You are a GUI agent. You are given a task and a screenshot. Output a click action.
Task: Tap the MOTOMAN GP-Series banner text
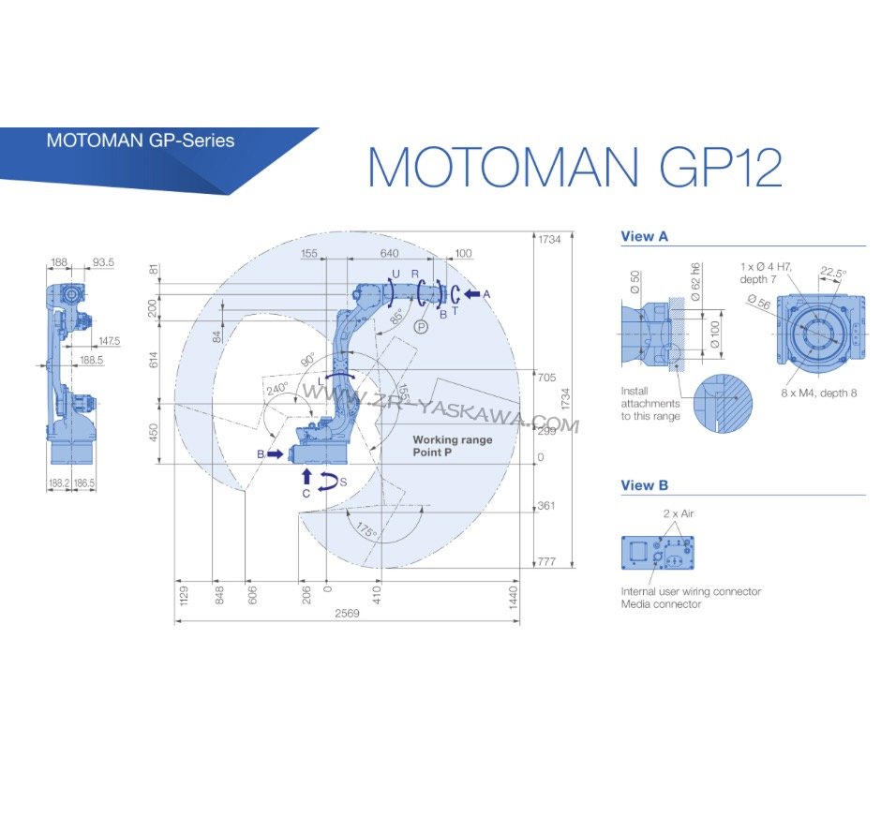click(141, 141)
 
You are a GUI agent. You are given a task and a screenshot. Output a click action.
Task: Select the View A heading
click(644, 237)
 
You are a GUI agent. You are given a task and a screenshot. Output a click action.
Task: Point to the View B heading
click(644, 485)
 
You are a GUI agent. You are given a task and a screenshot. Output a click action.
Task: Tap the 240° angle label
click(276, 389)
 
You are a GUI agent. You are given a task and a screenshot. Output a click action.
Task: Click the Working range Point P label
click(453, 446)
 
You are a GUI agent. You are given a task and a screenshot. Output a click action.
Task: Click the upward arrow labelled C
click(306, 478)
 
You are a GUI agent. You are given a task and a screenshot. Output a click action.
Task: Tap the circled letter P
click(422, 325)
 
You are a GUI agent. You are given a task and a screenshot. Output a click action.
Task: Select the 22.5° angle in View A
click(832, 273)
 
